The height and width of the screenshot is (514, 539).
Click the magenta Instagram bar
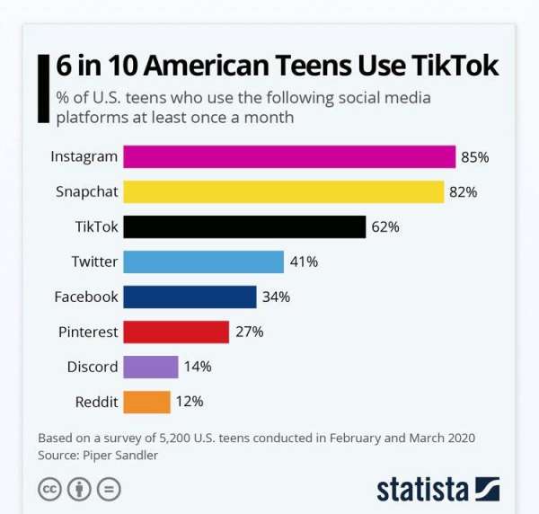pyautogui.click(x=289, y=156)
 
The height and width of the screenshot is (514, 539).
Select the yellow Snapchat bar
pyautogui.click(x=283, y=191)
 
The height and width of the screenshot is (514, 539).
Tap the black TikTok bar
pyautogui.click(x=244, y=226)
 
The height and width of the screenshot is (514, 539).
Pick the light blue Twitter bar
pyautogui.click(x=203, y=261)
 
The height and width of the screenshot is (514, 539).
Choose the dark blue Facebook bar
pyautogui.click(x=190, y=297)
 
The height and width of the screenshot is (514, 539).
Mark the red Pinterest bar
pyautogui.click(x=176, y=332)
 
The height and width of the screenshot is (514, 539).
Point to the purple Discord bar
pyautogui.click(x=151, y=367)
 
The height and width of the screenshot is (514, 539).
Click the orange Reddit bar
pyautogui.click(x=146, y=402)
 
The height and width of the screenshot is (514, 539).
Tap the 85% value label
pyautogui.click(x=474, y=156)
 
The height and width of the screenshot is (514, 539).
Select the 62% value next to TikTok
pyautogui.click(x=384, y=226)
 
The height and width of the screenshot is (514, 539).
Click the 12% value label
pyautogui.click(x=190, y=402)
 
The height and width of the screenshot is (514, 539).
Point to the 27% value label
pyautogui.click(x=249, y=332)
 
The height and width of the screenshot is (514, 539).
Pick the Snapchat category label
pyautogui.click(x=86, y=191)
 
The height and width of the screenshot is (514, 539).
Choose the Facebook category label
pyautogui.click(x=85, y=297)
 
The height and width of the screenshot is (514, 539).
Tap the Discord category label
pyautogui.click(x=92, y=367)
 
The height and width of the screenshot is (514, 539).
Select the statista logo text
pyautogui.click(x=422, y=490)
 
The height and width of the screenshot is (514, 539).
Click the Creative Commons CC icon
pyautogui.click(x=49, y=490)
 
